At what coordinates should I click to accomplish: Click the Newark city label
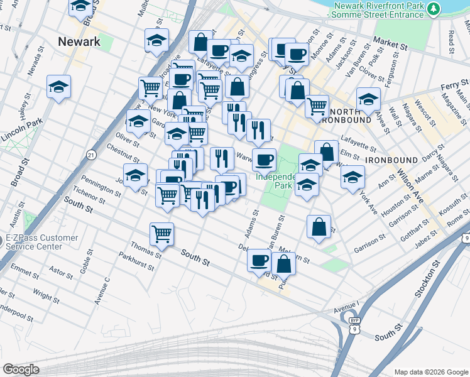click(79, 42)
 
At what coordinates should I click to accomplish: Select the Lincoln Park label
click(21, 129)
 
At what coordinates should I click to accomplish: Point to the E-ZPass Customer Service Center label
click(41, 242)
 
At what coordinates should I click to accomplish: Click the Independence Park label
click(273, 182)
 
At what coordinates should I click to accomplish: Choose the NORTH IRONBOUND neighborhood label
click(349, 116)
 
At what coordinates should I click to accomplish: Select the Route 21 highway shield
click(91, 154)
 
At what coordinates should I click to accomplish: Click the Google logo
click(21, 369)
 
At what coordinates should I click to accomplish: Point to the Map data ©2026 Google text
click(430, 372)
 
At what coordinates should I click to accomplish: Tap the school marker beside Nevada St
click(58, 87)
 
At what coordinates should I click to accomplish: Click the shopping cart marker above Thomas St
click(162, 235)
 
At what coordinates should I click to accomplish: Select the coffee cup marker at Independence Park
click(264, 160)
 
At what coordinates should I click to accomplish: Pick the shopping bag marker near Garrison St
click(319, 226)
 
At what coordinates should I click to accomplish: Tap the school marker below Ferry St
click(368, 99)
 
